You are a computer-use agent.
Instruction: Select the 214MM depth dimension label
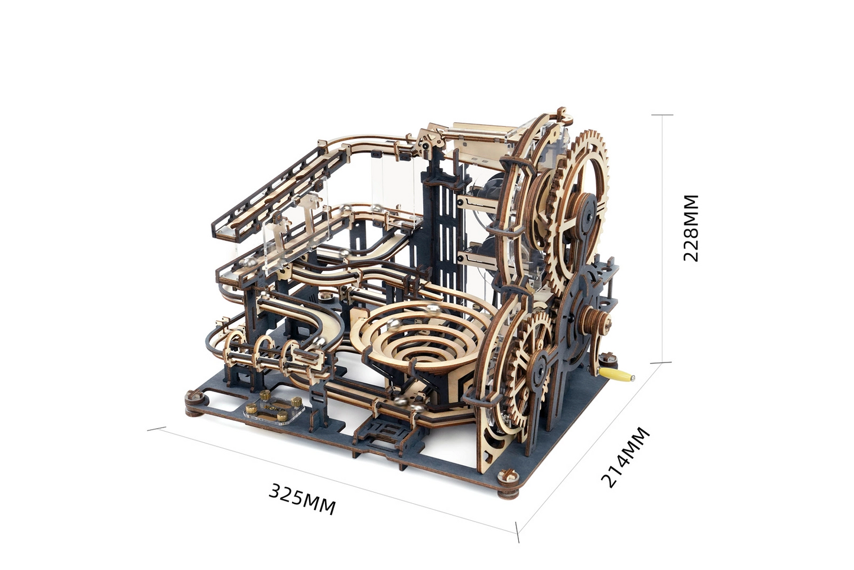625,458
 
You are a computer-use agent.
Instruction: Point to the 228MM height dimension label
690,228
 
